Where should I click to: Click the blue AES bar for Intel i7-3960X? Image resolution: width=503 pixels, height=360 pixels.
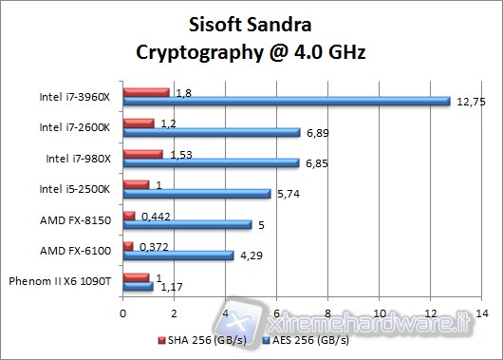285,101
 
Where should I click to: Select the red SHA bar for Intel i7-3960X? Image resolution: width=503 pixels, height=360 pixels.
146,92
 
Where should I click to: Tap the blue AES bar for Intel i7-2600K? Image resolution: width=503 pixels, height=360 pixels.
211,132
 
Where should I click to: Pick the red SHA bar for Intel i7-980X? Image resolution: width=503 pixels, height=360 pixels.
142,153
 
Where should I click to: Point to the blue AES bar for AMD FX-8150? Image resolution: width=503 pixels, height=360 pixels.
187,224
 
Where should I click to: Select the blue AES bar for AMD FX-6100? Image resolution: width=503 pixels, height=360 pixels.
177,255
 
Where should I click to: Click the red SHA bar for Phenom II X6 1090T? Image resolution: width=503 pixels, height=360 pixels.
136,276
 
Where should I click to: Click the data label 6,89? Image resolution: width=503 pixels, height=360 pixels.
315,132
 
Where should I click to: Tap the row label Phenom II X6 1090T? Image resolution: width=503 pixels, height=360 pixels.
60,281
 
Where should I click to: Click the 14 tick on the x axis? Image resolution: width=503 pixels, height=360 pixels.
482,313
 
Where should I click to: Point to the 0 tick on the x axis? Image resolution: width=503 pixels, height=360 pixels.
122,313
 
